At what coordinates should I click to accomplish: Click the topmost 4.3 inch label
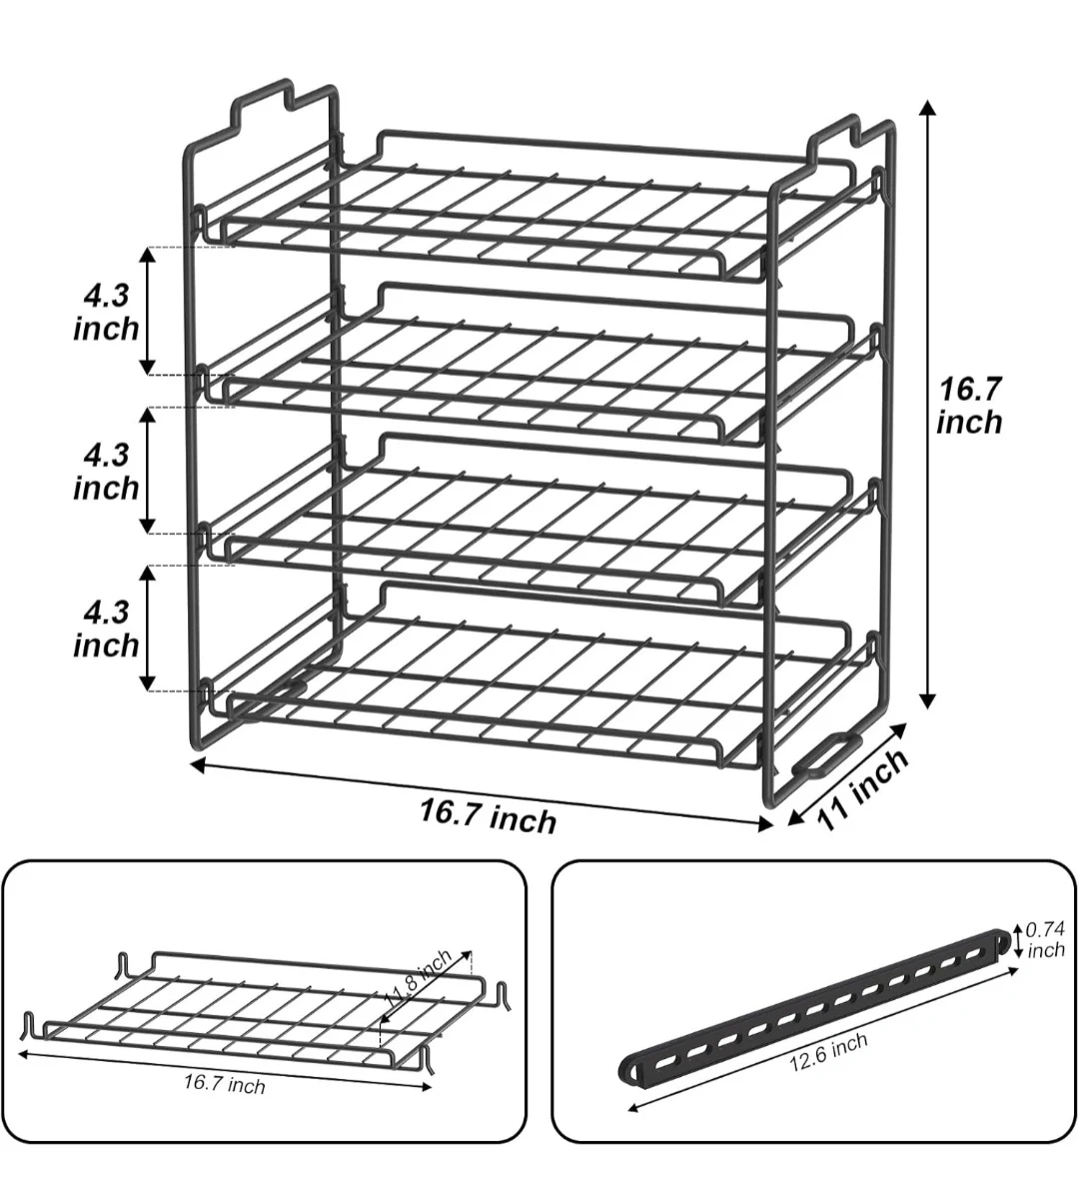(106, 312)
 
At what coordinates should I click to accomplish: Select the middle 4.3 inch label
(106, 472)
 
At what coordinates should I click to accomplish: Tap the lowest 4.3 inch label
(106, 628)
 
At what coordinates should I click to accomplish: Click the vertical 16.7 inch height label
(970, 406)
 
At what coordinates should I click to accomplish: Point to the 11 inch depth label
(863, 788)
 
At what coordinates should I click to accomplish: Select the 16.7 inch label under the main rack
(488, 815)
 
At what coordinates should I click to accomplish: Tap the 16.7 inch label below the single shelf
(225, 1085)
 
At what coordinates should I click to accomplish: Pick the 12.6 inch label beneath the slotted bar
(828, 1052)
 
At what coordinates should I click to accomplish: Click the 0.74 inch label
(1046, 940)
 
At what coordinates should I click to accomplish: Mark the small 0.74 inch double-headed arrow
(1018, 938)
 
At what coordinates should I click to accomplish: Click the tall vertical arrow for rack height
(929, 405)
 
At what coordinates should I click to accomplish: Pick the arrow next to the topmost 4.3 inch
(149, 311)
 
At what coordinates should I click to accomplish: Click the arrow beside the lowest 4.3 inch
(149, 627)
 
